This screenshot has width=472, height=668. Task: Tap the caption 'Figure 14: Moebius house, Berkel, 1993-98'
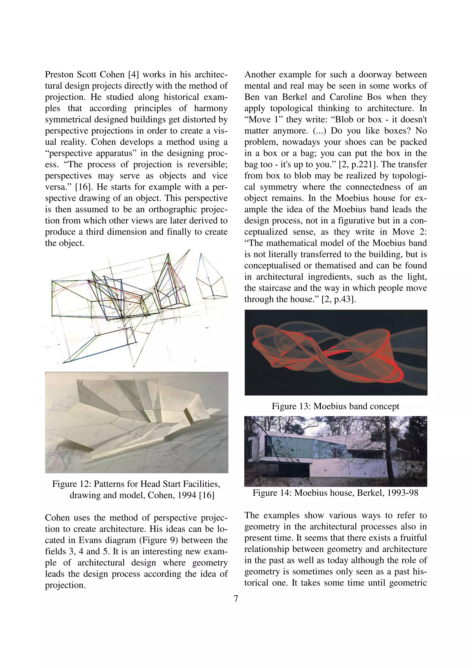[335, 493]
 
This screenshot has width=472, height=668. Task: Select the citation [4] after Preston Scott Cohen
[133, 75]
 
